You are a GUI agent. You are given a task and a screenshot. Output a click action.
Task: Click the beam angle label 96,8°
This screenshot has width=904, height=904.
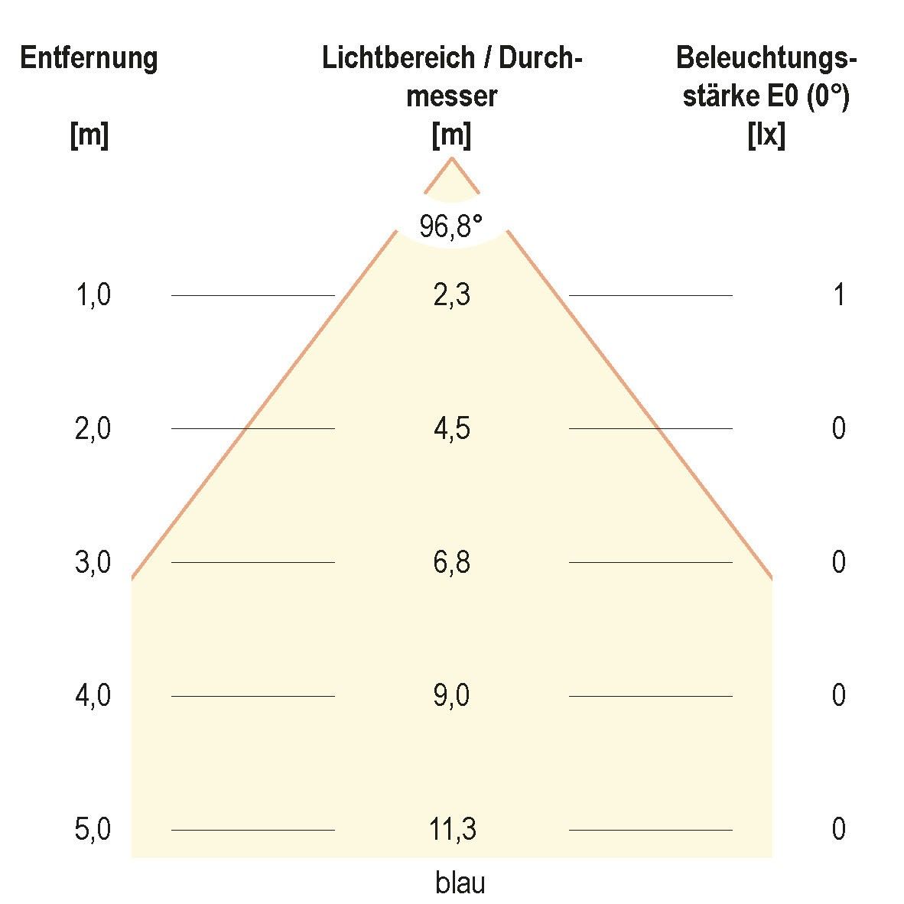coord(451,226)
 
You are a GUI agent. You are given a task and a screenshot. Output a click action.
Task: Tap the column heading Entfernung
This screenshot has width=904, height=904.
coord(89,58)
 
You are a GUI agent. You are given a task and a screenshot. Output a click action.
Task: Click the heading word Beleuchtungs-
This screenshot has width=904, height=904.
coord(766,58)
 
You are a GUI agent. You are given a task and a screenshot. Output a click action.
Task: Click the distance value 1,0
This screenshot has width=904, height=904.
coord(93,294)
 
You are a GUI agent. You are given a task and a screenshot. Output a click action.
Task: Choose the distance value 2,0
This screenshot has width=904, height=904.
coord(93,428)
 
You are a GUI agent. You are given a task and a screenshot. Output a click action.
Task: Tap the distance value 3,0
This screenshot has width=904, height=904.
coord(93,562)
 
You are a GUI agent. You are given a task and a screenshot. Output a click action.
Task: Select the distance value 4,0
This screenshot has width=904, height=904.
coord(93,696)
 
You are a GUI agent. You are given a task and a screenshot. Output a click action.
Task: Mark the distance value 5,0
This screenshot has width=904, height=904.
coord(93,830)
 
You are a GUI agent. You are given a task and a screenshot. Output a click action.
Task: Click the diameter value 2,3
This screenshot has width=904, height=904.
coord(451,294)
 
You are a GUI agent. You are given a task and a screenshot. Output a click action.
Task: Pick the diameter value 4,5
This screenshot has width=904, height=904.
coord(451,428)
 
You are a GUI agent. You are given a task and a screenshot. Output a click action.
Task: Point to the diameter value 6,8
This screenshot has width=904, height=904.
coord(451,562)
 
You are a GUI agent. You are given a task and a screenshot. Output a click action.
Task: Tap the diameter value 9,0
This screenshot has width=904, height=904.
coord(451,696)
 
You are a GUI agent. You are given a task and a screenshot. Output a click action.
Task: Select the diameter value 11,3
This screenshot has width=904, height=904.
coord(453,830)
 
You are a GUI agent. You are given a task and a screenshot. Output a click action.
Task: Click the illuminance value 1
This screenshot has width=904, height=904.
coord(839,294)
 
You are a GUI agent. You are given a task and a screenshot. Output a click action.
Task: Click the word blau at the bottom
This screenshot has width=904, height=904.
coord(460,883)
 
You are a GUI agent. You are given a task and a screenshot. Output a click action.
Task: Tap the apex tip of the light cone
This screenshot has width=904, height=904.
coord(451,158)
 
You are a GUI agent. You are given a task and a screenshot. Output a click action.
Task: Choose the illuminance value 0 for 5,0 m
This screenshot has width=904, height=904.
coord(839,830)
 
